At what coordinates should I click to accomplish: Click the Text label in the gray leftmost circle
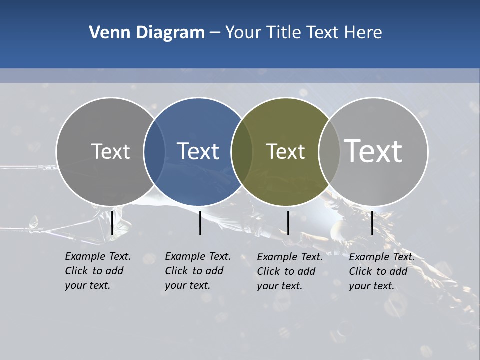(x=110, y=151)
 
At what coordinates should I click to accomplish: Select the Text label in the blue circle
(x=198, y=151)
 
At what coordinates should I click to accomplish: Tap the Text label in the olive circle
(x=285, y=151)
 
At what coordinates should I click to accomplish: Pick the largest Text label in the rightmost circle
(x=373, y=151)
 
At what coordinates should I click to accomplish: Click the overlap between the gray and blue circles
(x=154, y=151)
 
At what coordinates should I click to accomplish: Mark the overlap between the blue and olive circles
(x=242, y=151)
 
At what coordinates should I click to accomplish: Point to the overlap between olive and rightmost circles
(x=329, y=151)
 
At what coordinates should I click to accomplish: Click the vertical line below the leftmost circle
(x=112, y=223)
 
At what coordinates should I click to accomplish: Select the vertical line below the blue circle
(x=200, y=223)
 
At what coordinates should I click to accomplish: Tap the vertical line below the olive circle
(x=288, y=223)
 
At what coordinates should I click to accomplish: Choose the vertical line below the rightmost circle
(x=372, y=223)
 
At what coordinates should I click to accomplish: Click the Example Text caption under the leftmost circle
(x=97, y=271)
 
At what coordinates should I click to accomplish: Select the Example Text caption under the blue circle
(x=197, y=271)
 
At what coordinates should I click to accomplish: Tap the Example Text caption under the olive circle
(x=289, y=271)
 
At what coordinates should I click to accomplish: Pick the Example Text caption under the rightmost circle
(x=381, y=271)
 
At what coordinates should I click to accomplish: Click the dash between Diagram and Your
(x=215, y=33)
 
